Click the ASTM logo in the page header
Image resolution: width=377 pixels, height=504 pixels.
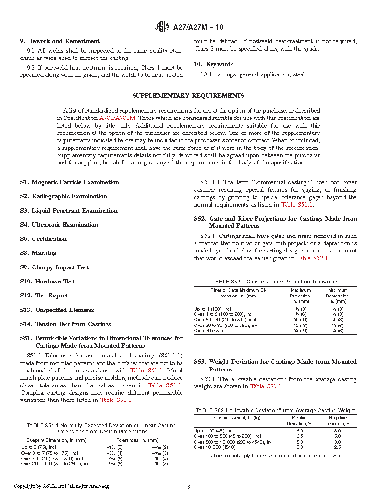point(163,27)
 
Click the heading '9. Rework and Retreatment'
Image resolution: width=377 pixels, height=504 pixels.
point(60,41)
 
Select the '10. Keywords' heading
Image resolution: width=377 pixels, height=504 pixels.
point(213,64)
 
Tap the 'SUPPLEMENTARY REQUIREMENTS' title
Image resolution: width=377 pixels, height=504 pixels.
point(188,96)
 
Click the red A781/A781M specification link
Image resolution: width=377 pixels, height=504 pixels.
point(118,118)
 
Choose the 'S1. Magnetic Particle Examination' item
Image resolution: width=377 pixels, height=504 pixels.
point(69,182)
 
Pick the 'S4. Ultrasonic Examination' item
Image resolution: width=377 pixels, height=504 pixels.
point(59,225)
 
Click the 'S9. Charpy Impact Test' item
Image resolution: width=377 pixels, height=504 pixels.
point(54,267)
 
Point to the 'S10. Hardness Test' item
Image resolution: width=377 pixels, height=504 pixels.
point(47,282)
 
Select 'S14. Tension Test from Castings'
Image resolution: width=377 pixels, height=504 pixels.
point(65,324)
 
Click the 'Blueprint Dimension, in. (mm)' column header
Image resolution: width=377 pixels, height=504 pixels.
point(53,440)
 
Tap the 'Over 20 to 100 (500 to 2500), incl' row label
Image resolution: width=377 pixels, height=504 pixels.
point(56,464)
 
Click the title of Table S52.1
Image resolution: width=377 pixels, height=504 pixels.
point(275,282)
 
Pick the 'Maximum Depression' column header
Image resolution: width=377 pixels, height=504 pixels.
point(338,296)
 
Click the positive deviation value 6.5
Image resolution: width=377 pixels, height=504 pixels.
point(300,436)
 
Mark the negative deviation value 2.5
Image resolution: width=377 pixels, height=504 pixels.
point(337,447)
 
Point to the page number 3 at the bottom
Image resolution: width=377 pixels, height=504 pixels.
point(188,486)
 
